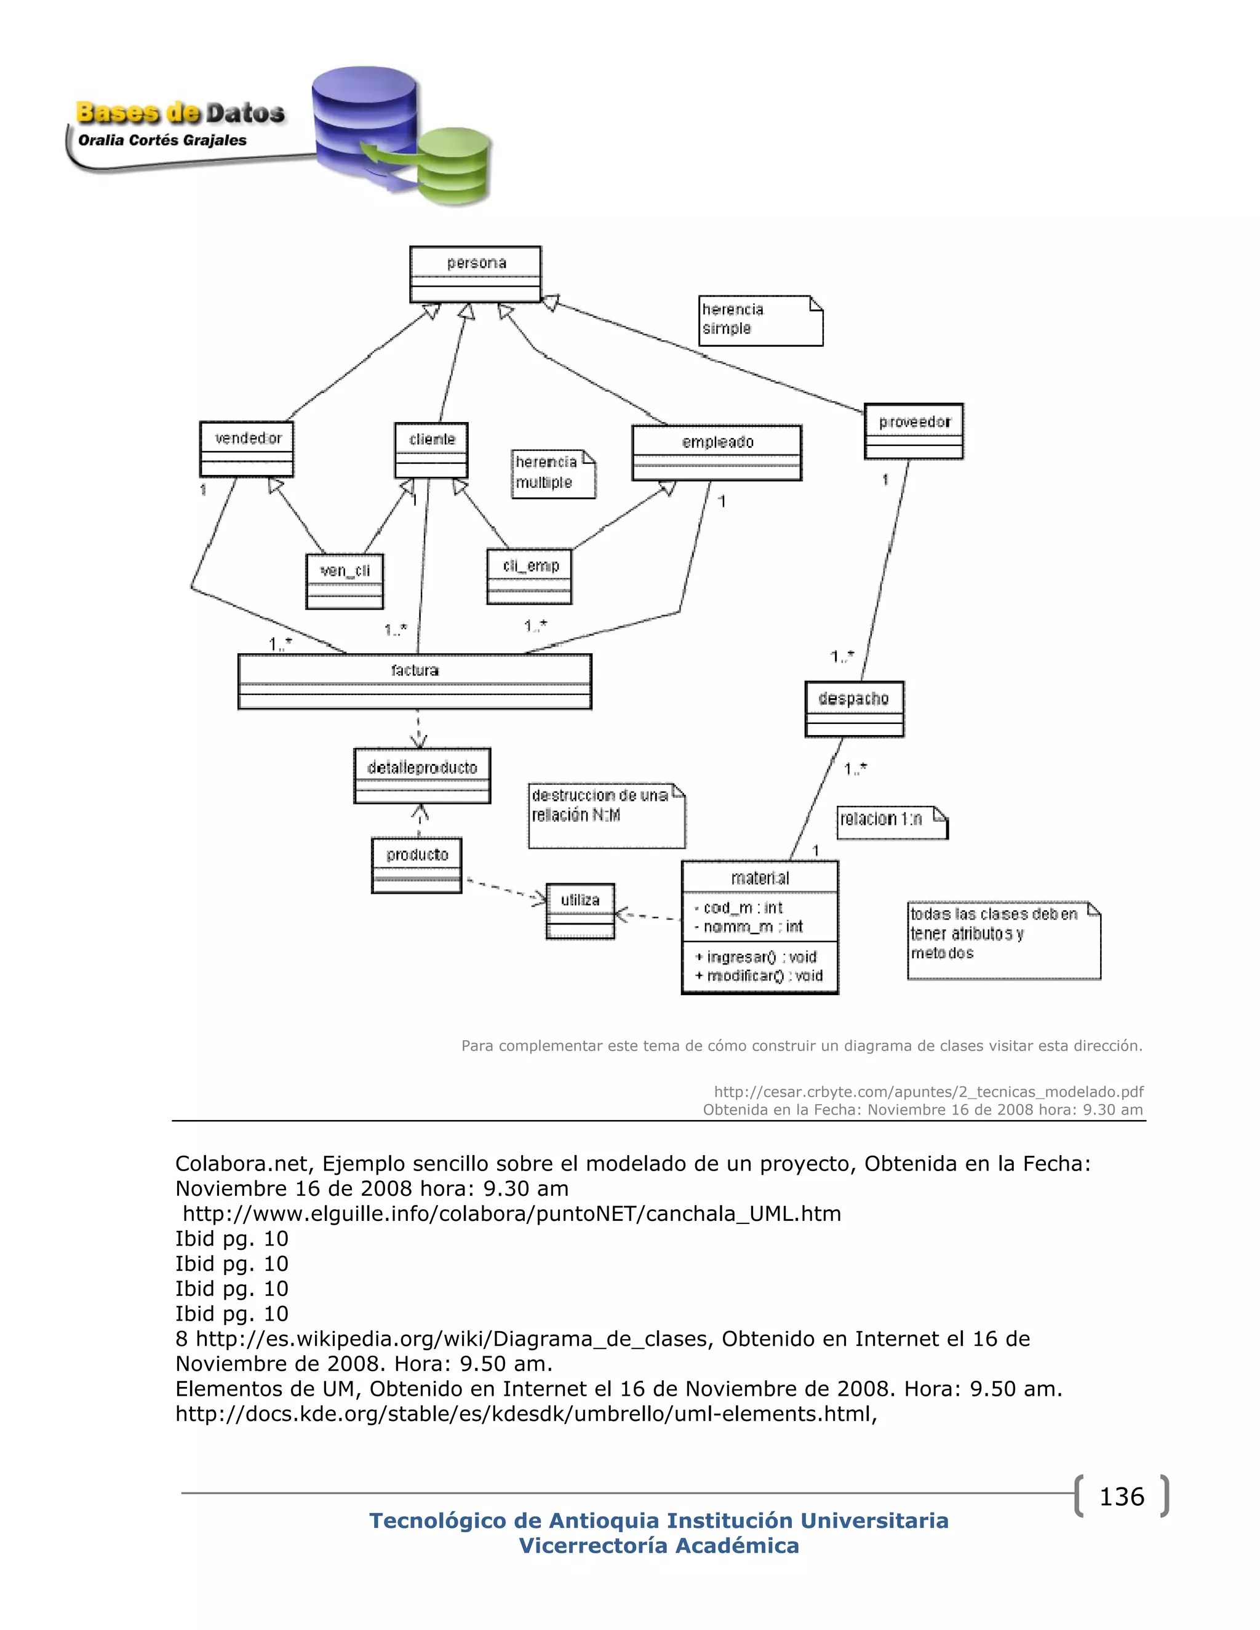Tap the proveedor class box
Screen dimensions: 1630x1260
pos(914,431)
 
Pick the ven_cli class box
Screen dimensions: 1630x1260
pos(345,581)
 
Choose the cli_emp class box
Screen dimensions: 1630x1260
pos(529,576)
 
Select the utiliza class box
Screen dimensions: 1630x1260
pos(580,910)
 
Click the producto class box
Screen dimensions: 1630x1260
pos(417,865)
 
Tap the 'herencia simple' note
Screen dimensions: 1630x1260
pos(760,320)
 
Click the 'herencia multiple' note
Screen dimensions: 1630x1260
pos(553,473)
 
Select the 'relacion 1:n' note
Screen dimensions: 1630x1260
pos(891,822)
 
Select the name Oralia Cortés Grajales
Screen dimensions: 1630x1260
pos(162,140)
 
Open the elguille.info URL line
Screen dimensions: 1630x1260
pos(511,1214)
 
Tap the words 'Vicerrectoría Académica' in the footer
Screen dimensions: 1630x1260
pos(659,1545)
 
